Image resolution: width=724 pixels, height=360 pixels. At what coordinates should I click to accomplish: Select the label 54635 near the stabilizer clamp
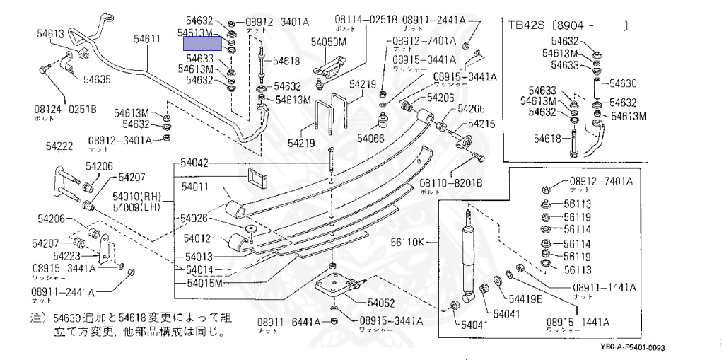click(98, 79)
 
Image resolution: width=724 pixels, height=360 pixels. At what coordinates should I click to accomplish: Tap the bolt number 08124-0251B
click(64, 110)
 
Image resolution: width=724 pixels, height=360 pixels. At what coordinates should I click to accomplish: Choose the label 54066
click(370, 137)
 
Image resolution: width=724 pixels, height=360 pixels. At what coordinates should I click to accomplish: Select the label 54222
click(60, 146)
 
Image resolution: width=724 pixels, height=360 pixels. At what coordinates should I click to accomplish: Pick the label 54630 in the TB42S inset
click(624, 83)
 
